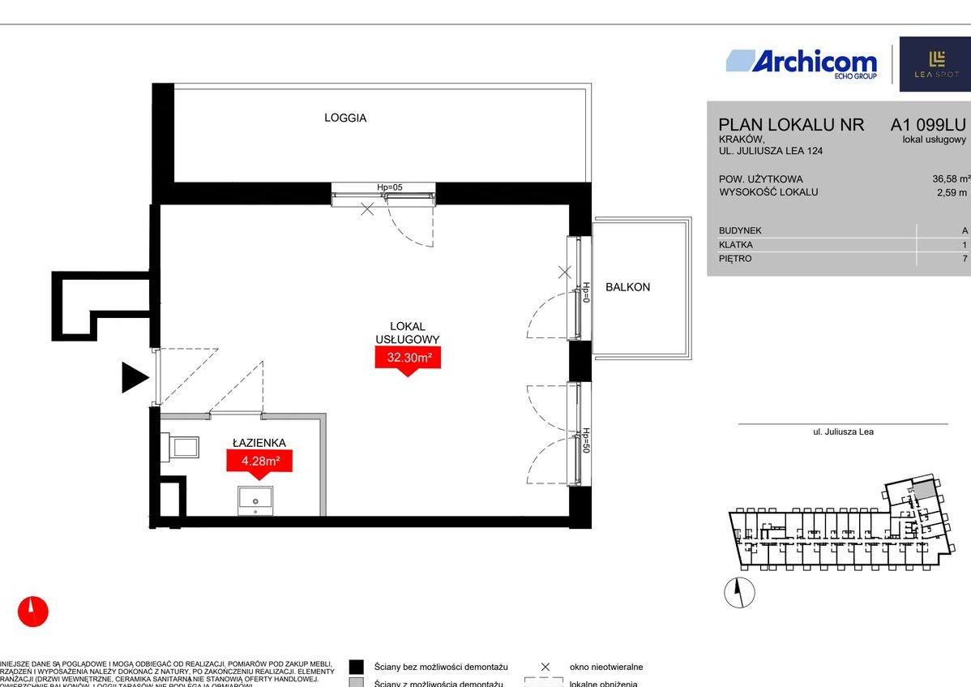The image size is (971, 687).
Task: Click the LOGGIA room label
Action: coord(345,118)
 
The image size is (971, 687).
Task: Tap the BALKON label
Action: coord(627,287)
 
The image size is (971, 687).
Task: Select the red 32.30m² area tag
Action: coord(407,358)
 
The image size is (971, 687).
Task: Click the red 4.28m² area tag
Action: coord(259,462)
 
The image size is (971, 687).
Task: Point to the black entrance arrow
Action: coord(135,378)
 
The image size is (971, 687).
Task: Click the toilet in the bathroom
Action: coord(182,447)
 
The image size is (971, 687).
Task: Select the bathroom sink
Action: coord(255,500)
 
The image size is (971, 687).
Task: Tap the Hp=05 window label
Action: coord(390,187)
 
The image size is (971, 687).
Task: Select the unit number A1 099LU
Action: coord(928,125)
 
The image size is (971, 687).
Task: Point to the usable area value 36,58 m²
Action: coord(951,179)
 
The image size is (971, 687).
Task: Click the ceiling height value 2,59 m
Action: coord(952,192)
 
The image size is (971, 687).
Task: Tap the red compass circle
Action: coord(33,611)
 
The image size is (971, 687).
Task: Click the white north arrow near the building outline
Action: coord(738,593)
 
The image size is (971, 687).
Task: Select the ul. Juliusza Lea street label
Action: coord(843,432)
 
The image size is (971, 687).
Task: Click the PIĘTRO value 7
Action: coord(965,259)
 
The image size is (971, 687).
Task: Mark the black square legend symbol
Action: coord(357,667)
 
